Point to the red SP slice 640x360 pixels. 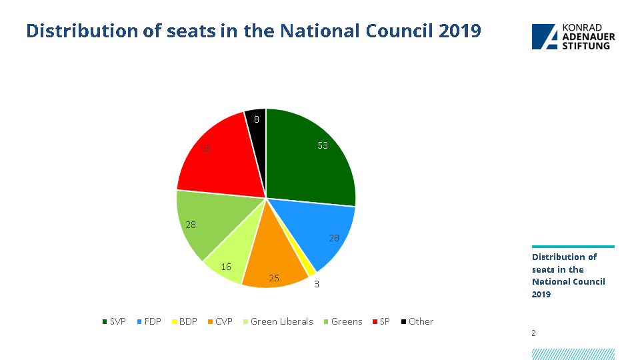(x=217, y=160)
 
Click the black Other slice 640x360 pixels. (x=257, y=120)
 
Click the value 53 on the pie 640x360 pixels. (x=323, y=145)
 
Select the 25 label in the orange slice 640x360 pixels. (x=273, y=277)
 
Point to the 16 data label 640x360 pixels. (x=226, y=267)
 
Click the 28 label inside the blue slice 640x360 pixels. (x=334, y=238)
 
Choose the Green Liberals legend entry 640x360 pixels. (x=277, y=321)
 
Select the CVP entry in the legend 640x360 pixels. (x=219, y=321)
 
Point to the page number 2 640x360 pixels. (x=533, y=333)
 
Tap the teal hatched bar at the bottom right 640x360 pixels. (x=573, y=354)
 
